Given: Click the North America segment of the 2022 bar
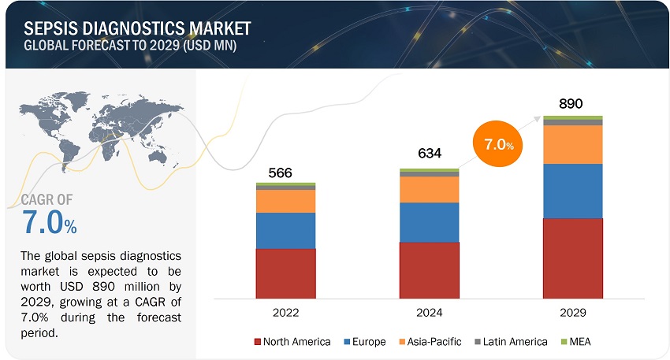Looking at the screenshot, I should pos(285,273).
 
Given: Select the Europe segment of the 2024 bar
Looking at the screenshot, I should pos(429,222).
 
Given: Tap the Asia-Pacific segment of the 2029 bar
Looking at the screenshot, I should pos(572,144).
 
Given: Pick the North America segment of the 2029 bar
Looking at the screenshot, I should pos(572,258).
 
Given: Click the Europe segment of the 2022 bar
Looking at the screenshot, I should pos(285,231).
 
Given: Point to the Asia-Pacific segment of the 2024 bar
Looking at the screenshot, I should pos(429,189).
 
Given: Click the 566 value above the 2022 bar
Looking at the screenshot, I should pos(285,173).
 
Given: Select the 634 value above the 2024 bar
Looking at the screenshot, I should pos(428,158).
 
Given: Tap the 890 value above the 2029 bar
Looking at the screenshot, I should pos(572,103).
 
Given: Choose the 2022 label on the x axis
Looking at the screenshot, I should pos(285,313).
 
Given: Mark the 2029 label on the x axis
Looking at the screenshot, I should pos(572,313).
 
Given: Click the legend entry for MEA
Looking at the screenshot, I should pos(585,341).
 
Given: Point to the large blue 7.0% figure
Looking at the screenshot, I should pos(47,225).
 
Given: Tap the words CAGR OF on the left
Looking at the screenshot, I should pos(47,201).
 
